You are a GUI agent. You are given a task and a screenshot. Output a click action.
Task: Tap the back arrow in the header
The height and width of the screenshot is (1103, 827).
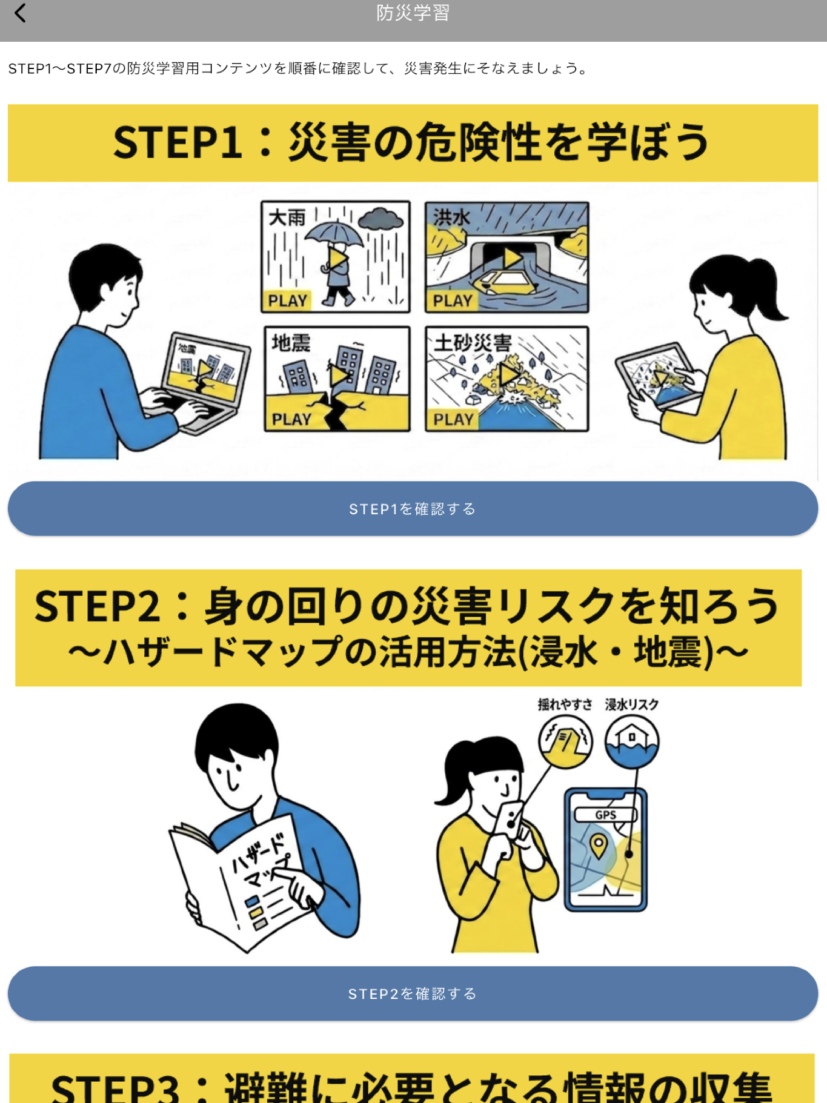coord(20,14)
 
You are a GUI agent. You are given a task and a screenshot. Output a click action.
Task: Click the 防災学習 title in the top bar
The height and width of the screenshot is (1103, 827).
coord(413,13)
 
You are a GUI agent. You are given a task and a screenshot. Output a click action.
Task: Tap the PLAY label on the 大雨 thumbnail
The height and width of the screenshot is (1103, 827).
coord(287,301)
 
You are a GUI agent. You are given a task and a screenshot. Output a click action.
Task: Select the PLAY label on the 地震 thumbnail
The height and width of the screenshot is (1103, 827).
coord(292,419)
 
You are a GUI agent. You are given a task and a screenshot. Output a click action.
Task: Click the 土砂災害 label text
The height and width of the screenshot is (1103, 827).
coord(472,343)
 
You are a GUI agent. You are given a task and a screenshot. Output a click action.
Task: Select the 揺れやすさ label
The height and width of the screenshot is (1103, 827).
coord(565,705)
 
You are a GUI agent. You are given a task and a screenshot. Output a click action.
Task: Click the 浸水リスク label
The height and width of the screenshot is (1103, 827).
coord(631,705)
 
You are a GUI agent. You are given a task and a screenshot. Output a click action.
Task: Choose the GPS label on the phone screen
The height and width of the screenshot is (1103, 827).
coord(606,815)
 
